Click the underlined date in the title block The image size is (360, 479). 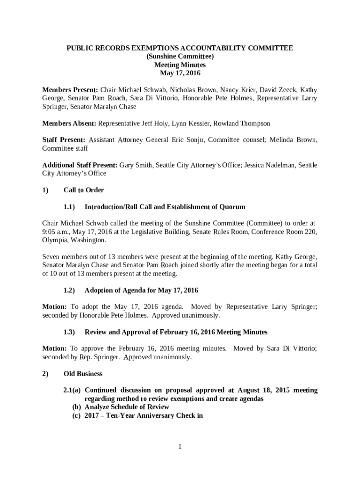pos(180,73)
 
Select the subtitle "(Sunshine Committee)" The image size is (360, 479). pos(180,57)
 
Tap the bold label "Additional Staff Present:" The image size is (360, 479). pos(80,165)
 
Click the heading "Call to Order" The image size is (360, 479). pos(84,190)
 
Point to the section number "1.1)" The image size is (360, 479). pos(69,207)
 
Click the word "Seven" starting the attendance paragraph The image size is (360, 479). pos(51,257)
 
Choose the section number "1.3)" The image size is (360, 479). pos(69,332)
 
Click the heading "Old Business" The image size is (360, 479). pos(83,374)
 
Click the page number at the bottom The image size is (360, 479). pos(180,447)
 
